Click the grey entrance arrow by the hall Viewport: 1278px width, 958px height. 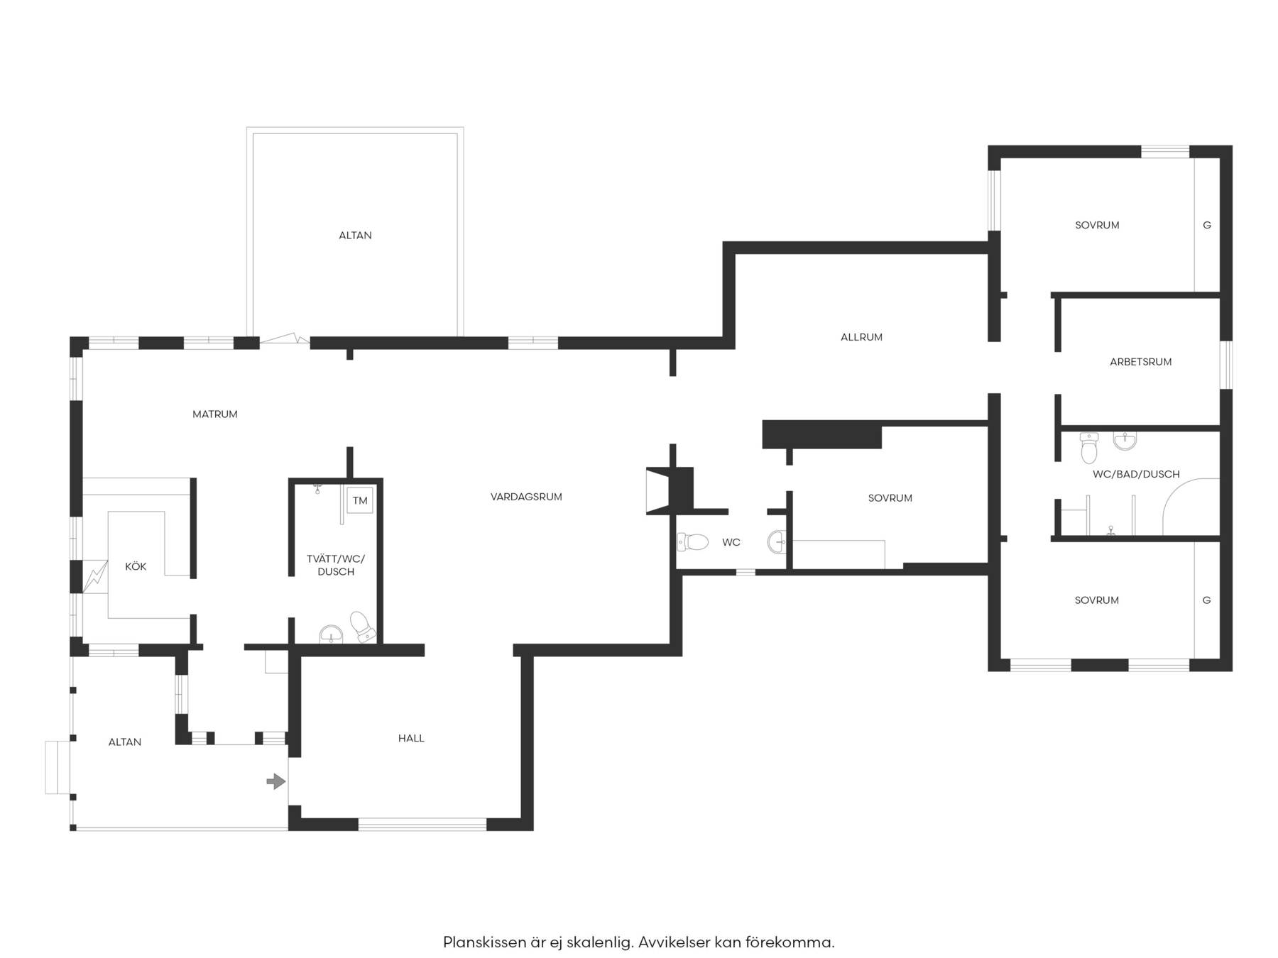click(x=276, y=781)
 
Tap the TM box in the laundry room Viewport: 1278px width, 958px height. click(x=360, y=500)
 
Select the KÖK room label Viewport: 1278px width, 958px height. click(x=136, y=566)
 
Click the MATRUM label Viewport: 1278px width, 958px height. click(x=215, y=414)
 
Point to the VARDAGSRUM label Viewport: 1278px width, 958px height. click(x=526, y=497)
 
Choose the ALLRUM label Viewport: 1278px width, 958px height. click(x=861, y=337)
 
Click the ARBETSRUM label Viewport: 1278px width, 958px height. click(x=1140, y=362)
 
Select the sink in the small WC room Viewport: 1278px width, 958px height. click(x=777, y=542)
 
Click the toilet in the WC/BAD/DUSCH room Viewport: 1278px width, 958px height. click(x=1088, y=448)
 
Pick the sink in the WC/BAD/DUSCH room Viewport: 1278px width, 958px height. click(x=1125, y=441)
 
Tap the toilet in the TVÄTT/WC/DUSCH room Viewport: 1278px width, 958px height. click(x=362, y=626)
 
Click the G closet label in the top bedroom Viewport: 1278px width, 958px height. click(x=1207, y=226)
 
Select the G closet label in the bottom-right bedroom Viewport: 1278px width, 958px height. click(x=1206, y=600)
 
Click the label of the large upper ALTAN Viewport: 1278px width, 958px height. click(x=355, y=236)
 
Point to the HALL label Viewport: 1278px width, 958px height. click(x=411, y=738)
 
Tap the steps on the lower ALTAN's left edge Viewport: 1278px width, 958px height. click(x=58, y=767)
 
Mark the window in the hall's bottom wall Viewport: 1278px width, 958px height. click(x=422, y=824)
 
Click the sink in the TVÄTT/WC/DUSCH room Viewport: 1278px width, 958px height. click(x=331, y=634)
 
